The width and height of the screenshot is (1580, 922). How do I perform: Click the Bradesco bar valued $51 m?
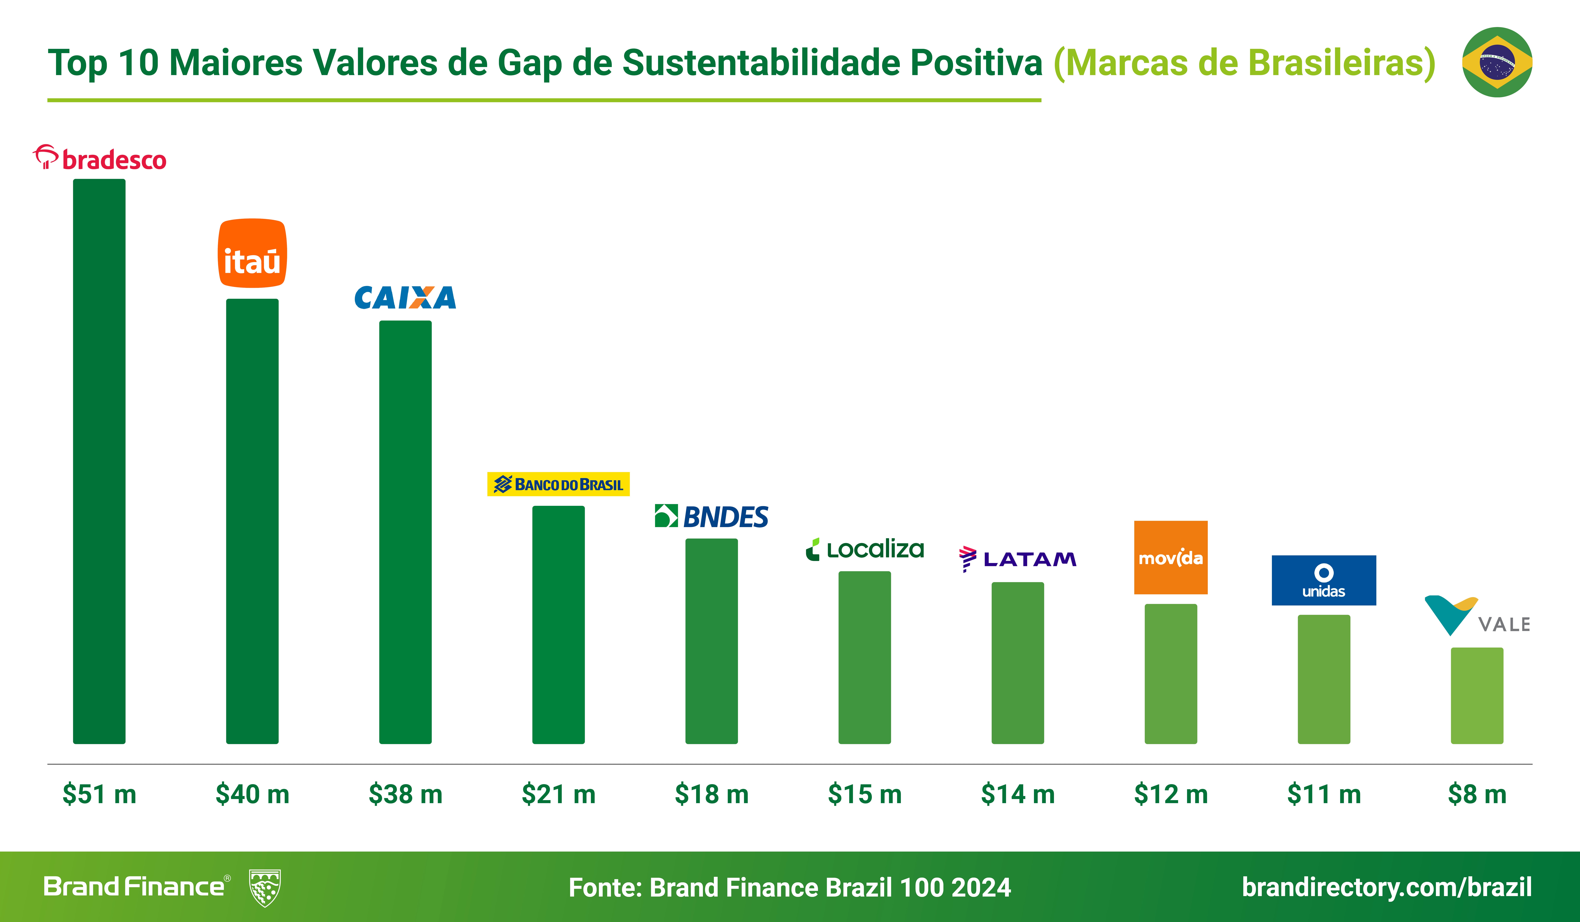coord(99,461)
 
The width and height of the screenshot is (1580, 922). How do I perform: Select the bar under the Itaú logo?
coord(252,521)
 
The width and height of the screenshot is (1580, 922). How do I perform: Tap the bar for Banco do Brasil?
coord(558,624)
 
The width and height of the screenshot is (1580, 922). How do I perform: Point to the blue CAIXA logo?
coord(405,298)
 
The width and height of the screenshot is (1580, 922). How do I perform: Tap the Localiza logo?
coord(865,549)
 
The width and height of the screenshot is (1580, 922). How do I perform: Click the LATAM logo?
coord(1018,558)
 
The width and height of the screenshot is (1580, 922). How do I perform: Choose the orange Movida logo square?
coord(1171,557)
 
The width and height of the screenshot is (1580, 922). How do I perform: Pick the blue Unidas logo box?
coord(1324,580)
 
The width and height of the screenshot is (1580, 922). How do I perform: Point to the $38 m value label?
coord(405,794)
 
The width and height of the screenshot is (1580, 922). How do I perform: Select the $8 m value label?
coord(1477,794)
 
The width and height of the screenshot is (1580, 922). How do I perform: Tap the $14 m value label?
coord(1018,794)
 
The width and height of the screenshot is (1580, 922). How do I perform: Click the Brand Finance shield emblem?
coord(265,888)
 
